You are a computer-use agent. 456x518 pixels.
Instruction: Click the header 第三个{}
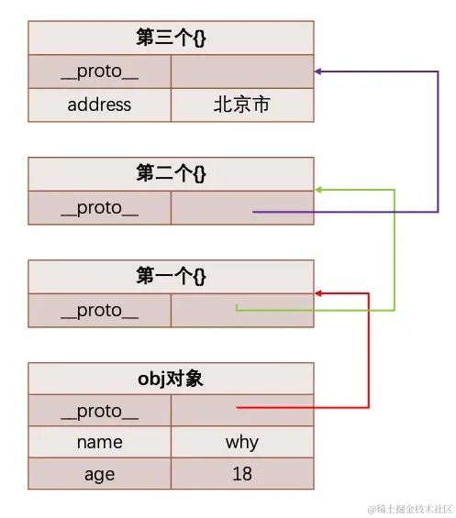171,38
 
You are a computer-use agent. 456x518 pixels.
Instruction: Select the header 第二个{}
171,173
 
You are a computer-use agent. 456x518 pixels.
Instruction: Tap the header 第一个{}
171,276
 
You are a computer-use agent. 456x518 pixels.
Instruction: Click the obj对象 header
171,378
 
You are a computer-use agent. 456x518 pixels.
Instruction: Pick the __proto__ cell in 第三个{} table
99,72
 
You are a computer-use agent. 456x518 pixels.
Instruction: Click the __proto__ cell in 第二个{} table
99,207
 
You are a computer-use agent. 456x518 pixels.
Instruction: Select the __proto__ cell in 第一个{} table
99,310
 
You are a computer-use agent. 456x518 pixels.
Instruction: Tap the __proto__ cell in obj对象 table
99,411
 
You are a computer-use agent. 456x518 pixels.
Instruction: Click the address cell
99,105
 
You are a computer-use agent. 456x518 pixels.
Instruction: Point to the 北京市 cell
242,105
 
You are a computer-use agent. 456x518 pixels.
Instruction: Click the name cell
99,442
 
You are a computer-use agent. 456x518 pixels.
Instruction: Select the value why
242,442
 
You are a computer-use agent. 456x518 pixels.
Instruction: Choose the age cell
99,474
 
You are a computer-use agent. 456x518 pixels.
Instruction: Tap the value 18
242,474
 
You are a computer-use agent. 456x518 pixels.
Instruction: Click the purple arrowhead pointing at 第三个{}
318,71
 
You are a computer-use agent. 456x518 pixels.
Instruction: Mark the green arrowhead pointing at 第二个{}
318,190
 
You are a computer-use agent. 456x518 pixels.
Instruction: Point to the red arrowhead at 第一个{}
318,293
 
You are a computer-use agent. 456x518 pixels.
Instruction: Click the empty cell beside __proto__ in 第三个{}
242,72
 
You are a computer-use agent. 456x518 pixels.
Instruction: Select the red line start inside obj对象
239,407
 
